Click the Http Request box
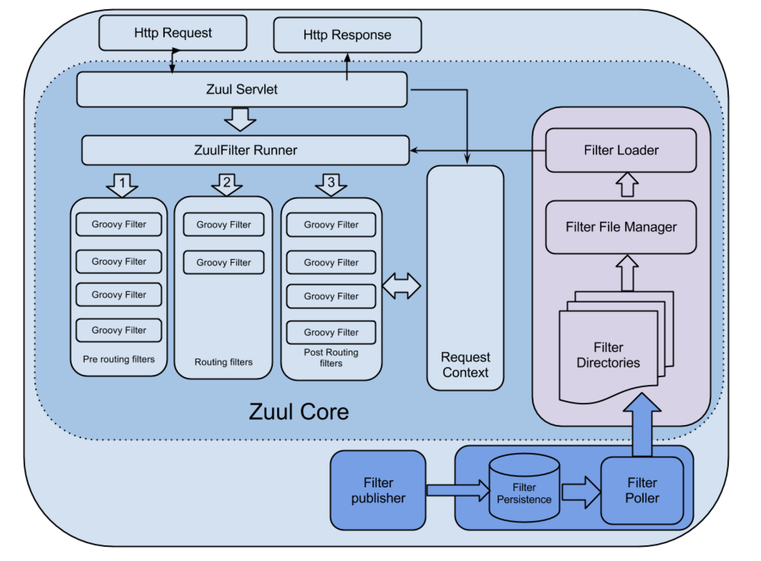[x=173, y=33]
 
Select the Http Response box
[x=347, y=35]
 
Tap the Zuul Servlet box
[x=242, y=89]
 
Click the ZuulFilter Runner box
[x=246, y=150]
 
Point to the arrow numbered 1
[x=122, y=185]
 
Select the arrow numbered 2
[x=227, y=185]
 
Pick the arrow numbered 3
[x=331, y=185]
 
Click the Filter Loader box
[x=621, y=150]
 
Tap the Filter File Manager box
[x=621, y=227]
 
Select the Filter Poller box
[x=642, y=490]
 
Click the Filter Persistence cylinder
[x=524, y=488]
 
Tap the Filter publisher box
[x=378, y=490]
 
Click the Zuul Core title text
[x=299, y=412]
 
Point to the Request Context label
[x=465, y=365]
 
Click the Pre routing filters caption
[x=119, y=359]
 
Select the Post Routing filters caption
[x=331, y=358]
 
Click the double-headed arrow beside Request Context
[x=401, y=286]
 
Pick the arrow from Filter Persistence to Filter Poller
[x=581, y=493]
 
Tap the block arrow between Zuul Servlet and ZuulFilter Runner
[x=240, y=119]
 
